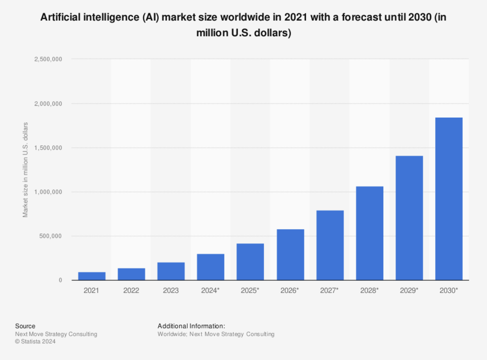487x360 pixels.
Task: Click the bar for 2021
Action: click(92, 276)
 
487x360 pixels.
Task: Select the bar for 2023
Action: click(171, 271)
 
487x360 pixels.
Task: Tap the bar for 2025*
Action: click(250, 262)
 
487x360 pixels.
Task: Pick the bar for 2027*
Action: click(330, 245)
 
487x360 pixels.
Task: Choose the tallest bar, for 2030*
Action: click(449, 199)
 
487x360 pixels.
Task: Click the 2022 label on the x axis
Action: click(131, 290)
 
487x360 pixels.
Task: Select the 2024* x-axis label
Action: click(210, 290)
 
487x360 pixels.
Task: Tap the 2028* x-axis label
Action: click(369, 290)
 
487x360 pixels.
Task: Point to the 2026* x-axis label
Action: click(289, 290)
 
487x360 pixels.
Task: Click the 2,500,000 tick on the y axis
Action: click(48, 59)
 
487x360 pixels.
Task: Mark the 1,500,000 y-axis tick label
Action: click(48, 148)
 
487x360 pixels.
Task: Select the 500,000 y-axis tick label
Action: click(50, 236)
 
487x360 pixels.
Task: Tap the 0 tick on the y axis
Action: click(60, 280)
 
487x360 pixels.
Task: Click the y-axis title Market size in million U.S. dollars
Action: click(25, 170)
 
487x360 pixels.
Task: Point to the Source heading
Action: click(25, 326)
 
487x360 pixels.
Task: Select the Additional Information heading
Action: click(191, 326)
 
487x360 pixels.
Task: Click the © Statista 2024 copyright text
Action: click(35, 341)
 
